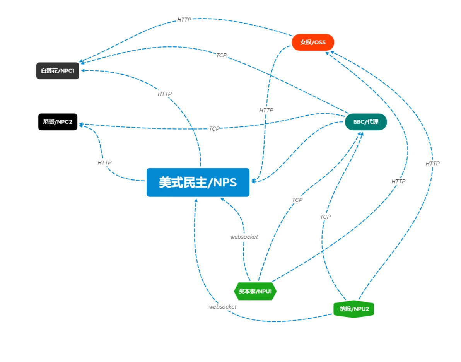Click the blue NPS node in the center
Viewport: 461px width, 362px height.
pos(198,182)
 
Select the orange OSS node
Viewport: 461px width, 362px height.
pos(312,42)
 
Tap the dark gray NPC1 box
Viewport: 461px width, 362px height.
pos(58,71)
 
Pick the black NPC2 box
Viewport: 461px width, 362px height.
pos(58,122)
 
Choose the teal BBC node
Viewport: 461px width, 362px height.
pos(365,122)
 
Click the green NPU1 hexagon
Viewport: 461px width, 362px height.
pos(255,291)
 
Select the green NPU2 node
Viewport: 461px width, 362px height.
pos(353,309)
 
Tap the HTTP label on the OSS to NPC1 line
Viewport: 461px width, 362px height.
pos(184,19)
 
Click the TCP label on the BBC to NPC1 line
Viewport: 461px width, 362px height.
pos(221,55)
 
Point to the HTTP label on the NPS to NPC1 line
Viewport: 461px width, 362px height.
pos(164,94)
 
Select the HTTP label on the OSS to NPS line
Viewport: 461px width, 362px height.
pos(266,110)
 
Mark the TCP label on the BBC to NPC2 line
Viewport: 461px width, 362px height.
pos(214,129)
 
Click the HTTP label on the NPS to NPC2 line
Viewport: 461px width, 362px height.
pos(104,163)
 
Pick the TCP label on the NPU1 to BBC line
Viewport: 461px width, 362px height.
pos(297,200)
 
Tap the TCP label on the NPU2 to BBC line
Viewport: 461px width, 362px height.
pos(325,217)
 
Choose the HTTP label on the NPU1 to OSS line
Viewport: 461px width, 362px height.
pos(398,181)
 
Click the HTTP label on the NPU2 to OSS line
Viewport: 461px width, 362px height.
pos(432,164)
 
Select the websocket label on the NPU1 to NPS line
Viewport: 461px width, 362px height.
pos(244,237)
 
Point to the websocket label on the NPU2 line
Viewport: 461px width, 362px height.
pos(222,307)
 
